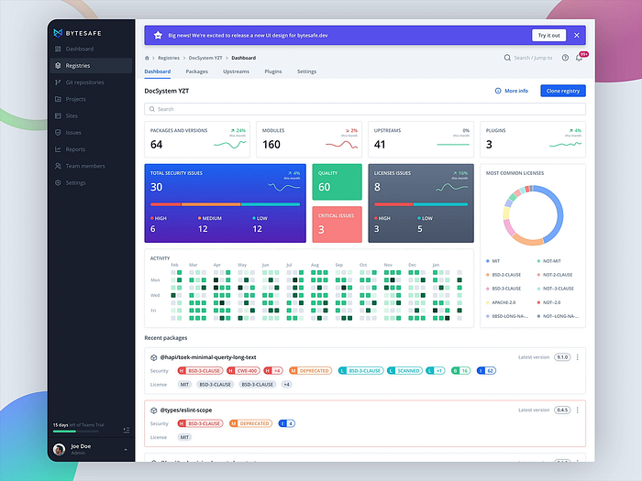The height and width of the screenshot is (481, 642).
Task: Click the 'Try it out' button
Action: (x=548, y=35)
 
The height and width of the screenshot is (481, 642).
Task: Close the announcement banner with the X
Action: (x=576, y=35)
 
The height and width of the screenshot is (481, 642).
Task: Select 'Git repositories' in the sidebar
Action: (x=84, y=82)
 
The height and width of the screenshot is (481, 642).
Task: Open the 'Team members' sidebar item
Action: (x=84, y=166)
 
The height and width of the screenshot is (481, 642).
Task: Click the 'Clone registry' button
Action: (x=563, y=91)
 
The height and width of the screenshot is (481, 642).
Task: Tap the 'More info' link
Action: (x=511, y=91)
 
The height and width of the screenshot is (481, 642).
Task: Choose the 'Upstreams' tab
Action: (x=236, y=71)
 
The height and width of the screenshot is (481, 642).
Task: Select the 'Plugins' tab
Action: (x=272, y=71)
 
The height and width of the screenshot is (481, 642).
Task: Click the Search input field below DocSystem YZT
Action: (x=364, y=109)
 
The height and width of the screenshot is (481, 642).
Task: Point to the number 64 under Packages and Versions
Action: (x=157, y=145)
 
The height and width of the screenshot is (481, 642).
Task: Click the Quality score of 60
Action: (x=324, y=187)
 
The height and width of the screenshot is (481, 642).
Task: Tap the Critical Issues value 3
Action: (x=321, y=229)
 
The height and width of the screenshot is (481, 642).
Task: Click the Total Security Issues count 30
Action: (x=157, y=187)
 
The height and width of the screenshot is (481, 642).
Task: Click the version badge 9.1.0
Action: (x=562, y=357)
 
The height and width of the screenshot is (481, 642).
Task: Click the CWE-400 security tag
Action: (x=246, y=371)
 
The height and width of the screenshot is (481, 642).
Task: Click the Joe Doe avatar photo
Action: (x=60, y=449)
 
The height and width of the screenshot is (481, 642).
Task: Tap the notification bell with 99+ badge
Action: (x=579, y=58)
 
